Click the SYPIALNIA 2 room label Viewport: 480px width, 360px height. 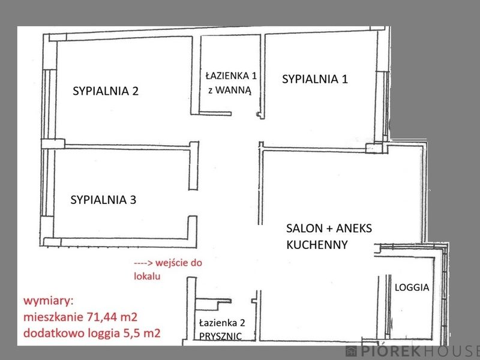(106, 91)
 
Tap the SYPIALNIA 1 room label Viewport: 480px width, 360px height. (314, 79)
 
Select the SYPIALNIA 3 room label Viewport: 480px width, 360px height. (103, 200)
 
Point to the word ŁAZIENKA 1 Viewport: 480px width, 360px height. (231, 76)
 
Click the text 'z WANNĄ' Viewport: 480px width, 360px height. (230, 91)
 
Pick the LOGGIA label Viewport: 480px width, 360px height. (412, 287)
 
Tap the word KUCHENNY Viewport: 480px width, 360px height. (317, 245)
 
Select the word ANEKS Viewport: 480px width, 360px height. (354, 229)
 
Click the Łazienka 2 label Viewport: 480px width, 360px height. (222, 323)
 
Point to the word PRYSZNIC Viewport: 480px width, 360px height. (220, 336)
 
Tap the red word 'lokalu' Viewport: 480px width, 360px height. (147, 276)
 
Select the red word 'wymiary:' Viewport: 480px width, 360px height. (49, 301)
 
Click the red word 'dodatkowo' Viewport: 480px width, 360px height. (55, 333)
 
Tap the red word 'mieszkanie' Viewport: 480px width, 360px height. (53, 317)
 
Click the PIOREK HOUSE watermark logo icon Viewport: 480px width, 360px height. (351, 351)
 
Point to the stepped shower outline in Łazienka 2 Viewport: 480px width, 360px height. (214, 304)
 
